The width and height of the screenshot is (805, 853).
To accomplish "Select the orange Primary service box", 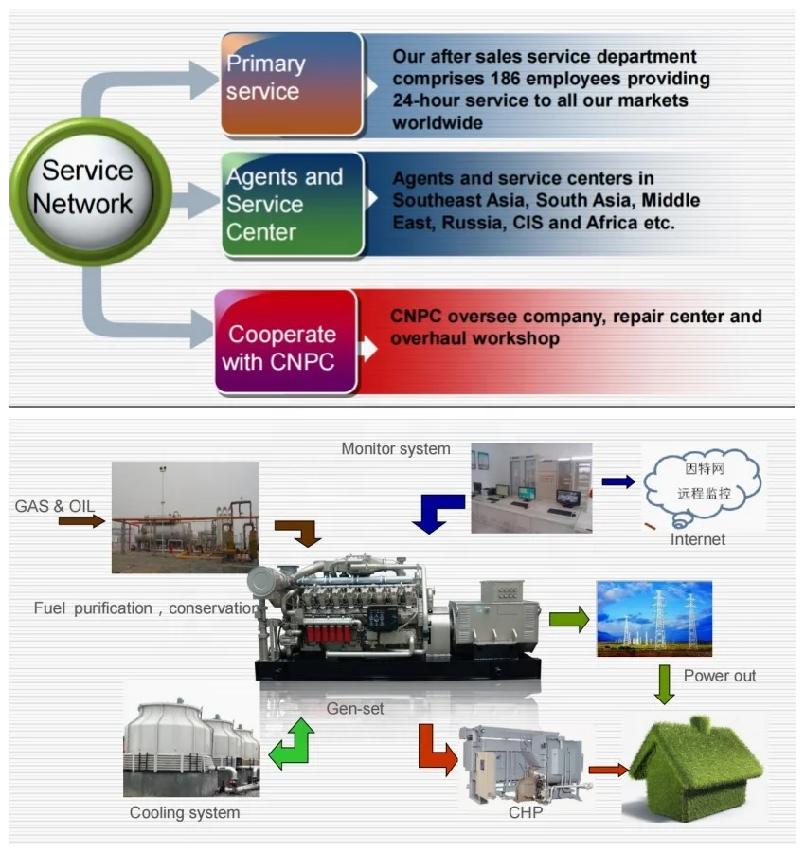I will [x=292, y=83].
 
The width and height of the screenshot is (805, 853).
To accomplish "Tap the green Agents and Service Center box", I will [x=293, y=204].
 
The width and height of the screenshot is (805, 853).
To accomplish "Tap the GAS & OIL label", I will [x=55, y=506].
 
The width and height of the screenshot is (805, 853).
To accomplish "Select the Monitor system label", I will [x=396, y=448].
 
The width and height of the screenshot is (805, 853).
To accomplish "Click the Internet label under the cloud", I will [x=698, y=539].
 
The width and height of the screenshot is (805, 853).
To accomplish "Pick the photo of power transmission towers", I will [x=653, y=619].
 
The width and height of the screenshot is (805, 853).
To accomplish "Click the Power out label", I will [x=720, y=676].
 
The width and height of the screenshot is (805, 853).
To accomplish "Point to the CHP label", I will [x=526, y=812].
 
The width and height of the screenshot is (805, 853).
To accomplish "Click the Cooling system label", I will [x=185, y=812].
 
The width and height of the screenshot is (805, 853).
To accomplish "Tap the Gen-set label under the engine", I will [x=355, y=708].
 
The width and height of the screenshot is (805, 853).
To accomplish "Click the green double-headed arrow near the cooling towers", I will [x=291, y=743].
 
